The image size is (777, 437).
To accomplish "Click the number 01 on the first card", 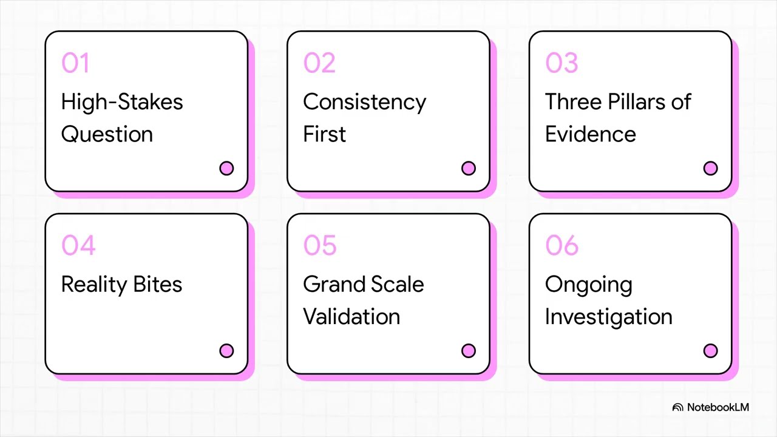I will coord(75,63).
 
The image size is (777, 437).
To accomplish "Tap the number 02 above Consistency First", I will coord(319,63).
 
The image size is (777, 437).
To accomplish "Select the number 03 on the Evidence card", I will coord(562,63).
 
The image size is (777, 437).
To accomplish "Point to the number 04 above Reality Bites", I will coord(78,246).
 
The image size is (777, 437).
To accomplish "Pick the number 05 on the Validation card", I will coord(320,246).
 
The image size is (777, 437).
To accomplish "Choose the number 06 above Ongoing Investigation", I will coord(562,246).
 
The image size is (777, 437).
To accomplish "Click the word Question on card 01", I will coord(107,134).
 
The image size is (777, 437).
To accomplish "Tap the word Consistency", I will coord(364,102).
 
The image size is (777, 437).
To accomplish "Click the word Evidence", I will coord(590,134).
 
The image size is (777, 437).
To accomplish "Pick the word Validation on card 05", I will coord(351,316).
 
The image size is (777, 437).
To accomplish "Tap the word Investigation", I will coord(608,316).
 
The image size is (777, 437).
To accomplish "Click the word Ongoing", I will coord(588,285).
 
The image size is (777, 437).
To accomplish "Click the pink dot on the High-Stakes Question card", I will coord(226,168).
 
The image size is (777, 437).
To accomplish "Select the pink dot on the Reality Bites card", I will coord(226,351).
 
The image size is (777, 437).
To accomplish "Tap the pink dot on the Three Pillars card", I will coord(710,168).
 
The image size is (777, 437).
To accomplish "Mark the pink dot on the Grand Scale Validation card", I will coord(469,351).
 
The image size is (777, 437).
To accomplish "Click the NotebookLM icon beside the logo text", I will coord(678,408).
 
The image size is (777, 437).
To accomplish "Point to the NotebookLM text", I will coord(718,407).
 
